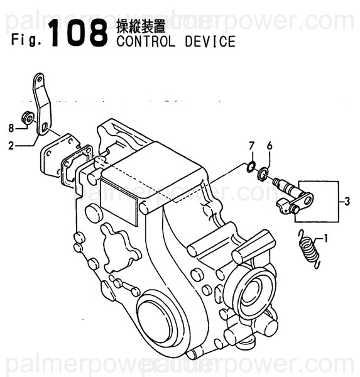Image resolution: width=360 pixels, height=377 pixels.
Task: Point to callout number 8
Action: pos(11,129)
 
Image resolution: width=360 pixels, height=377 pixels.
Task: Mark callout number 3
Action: pos(346,201)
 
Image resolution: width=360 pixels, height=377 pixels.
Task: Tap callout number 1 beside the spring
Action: pos(326,238)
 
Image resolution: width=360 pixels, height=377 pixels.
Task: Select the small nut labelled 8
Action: pos(28,116)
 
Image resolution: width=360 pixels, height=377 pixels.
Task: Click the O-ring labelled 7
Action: pos(250,167)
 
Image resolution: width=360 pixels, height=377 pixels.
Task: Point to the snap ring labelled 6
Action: pos(263,173)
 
